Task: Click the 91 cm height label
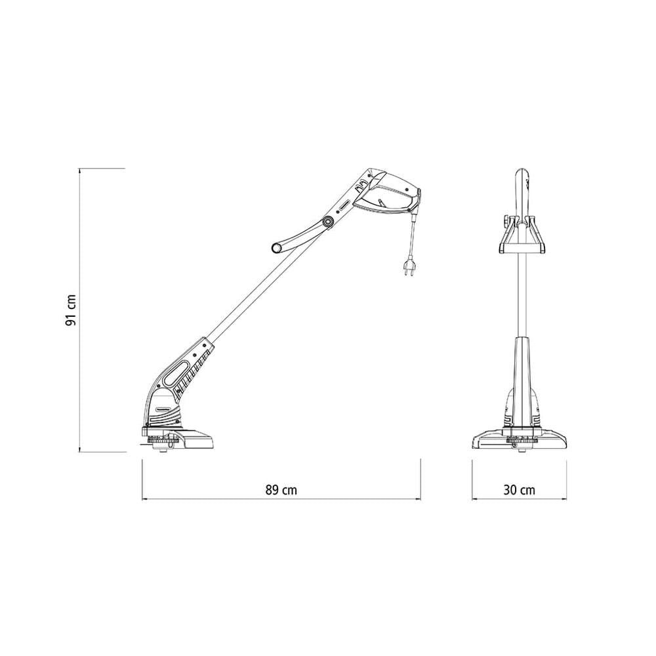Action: pos(72,309)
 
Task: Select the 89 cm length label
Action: pos(280,489)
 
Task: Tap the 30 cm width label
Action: pos(520,489)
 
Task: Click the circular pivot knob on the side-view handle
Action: pos(327,223)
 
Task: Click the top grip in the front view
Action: pos(524,190)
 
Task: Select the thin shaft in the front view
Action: pos(523,295)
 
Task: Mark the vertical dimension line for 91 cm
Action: pos(79,310)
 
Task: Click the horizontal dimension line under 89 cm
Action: pos(281,499)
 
